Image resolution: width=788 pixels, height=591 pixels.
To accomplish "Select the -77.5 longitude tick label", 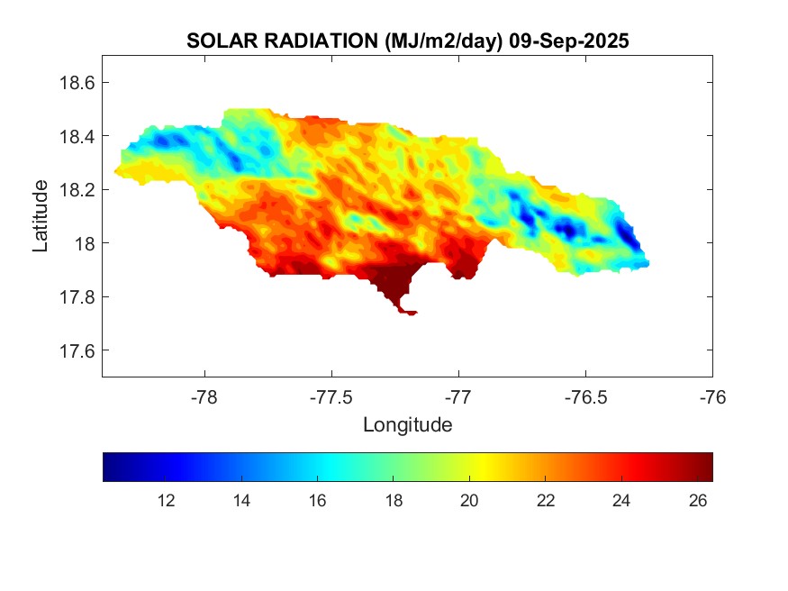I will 331,396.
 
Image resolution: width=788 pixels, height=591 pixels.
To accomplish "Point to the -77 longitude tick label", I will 458,396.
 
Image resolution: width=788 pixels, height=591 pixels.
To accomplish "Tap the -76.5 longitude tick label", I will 585,396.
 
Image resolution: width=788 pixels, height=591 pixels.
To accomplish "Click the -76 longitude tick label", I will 712,396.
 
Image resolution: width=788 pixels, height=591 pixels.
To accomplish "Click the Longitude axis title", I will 407,424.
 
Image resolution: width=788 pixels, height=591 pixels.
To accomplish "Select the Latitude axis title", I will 41,216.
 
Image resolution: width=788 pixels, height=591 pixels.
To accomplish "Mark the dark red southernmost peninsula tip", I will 410,313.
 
